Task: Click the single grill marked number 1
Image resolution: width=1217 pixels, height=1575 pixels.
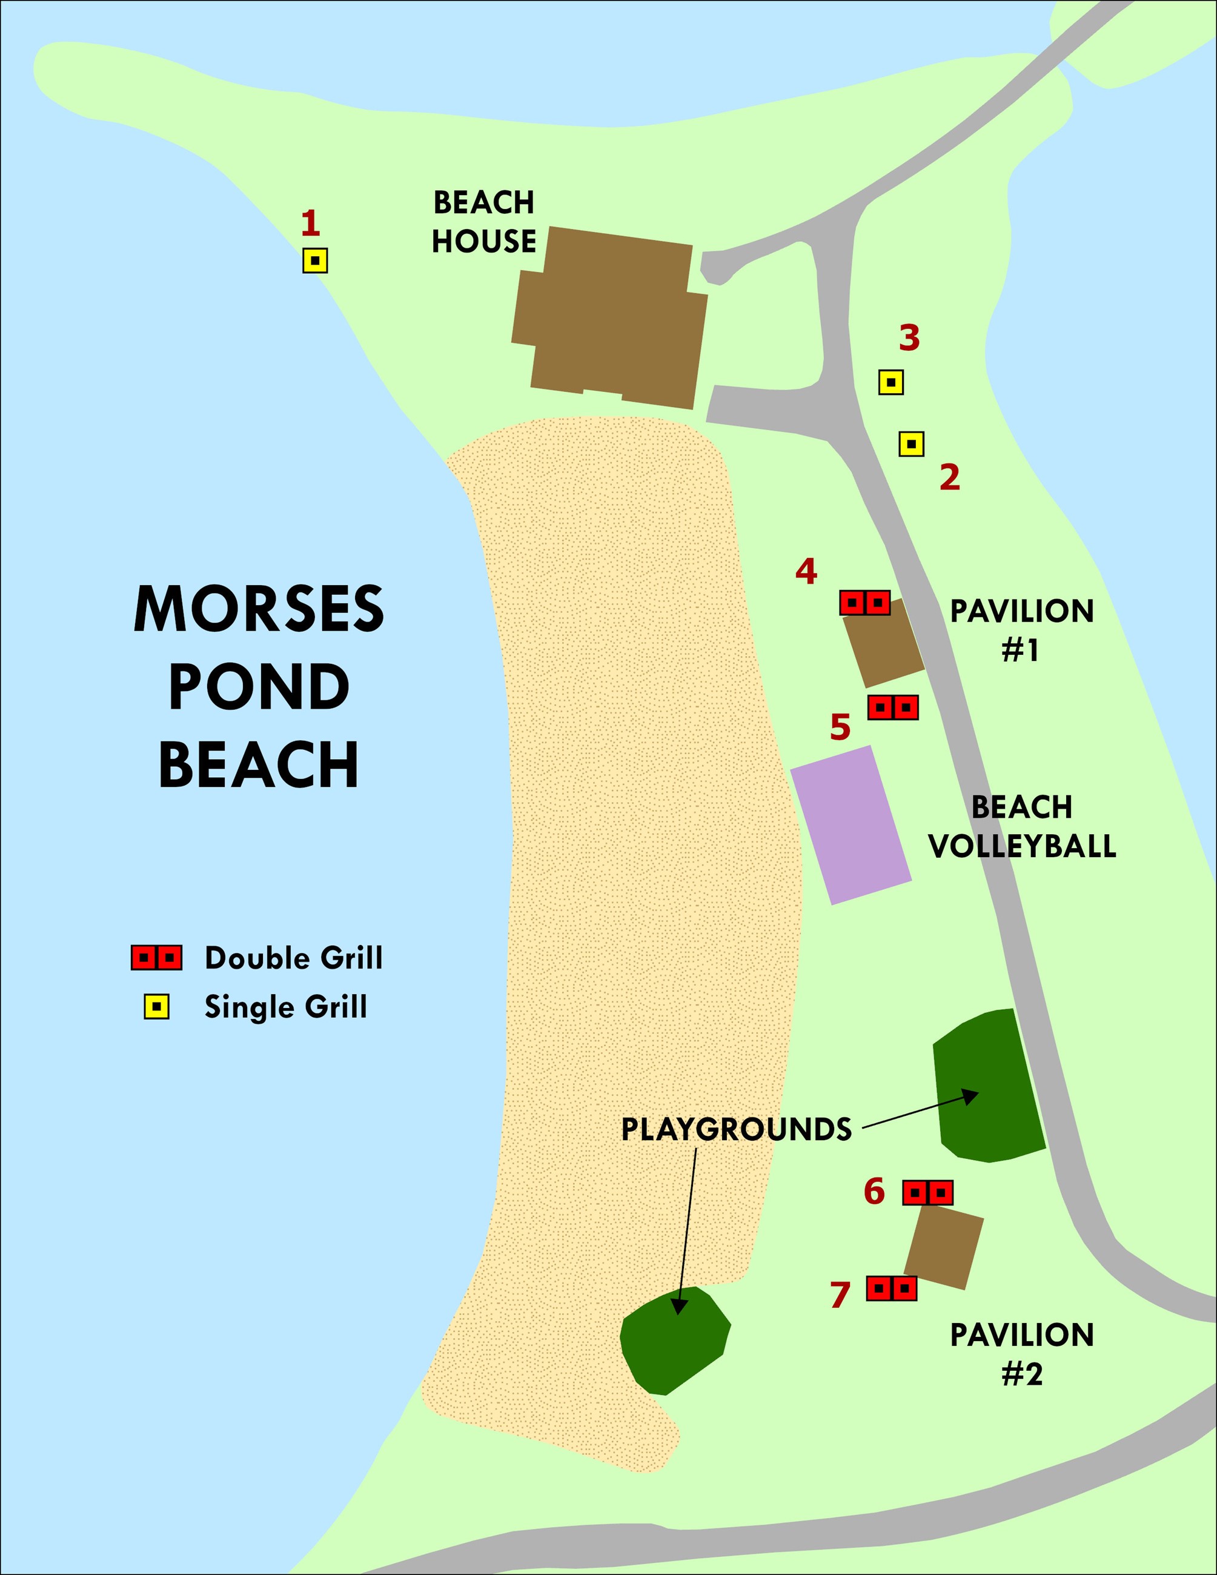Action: (315, 260)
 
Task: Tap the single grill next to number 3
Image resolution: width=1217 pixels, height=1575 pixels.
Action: (891, 382)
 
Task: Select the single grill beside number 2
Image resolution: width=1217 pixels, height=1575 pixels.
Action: (911, 444)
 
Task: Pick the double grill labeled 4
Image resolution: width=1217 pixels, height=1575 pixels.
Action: (864, 602)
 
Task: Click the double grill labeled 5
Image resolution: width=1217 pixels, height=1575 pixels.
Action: (892, 708)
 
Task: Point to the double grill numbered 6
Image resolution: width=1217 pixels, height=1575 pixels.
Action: (928, 1193)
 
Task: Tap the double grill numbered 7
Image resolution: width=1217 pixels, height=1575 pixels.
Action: (891, 1288)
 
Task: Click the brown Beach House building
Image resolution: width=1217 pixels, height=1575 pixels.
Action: (609, 317)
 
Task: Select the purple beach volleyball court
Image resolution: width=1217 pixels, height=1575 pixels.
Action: (851, 825)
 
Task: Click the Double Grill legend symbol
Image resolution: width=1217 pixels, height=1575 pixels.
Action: (156, 958)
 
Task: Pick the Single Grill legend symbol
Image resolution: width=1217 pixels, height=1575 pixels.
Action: (156, 1007)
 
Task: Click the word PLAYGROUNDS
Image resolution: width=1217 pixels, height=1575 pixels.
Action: (736, 1129)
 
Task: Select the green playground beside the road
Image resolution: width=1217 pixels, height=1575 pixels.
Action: (986, 1087)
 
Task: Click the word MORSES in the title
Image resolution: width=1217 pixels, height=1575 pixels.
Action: (259, 610)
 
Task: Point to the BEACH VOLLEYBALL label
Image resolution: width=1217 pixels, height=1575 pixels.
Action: (1021, 826)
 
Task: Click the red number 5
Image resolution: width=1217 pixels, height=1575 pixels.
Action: (840, 728)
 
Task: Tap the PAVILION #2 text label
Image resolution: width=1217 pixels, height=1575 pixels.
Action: (1021, 1354)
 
